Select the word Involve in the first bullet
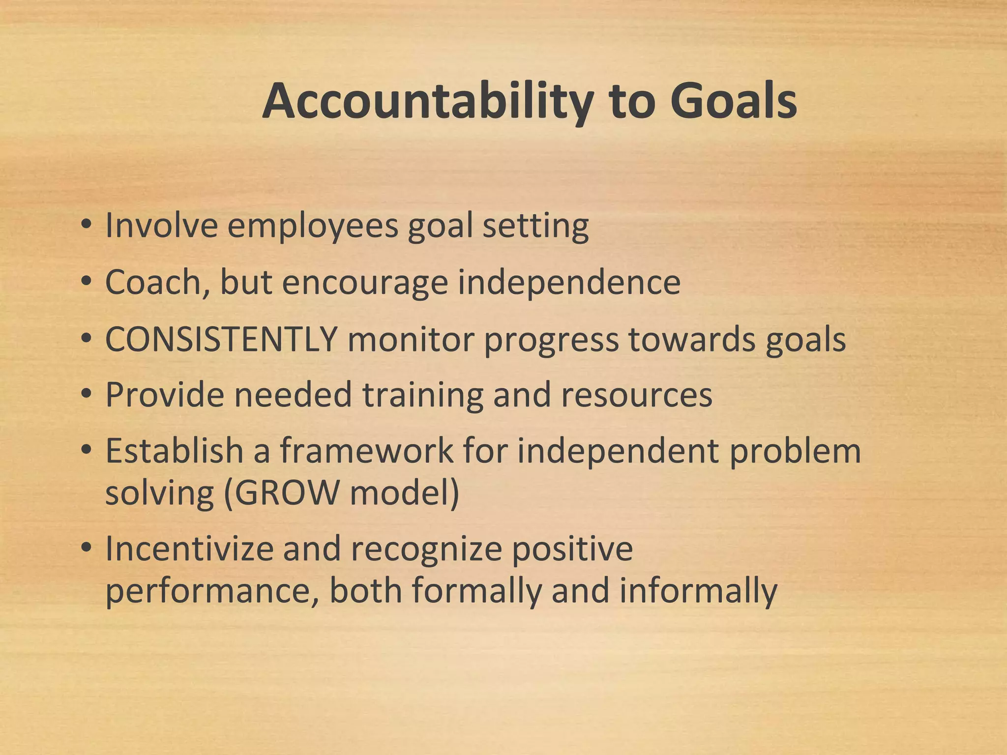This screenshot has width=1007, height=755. click(x=161, y=226)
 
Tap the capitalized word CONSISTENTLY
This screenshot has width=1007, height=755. click(x=221, y=339)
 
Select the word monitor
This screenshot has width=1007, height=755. click(x=410, y=339)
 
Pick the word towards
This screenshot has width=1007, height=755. click(x=691, y=339)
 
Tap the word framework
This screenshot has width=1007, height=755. click(x=366, y=451)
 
